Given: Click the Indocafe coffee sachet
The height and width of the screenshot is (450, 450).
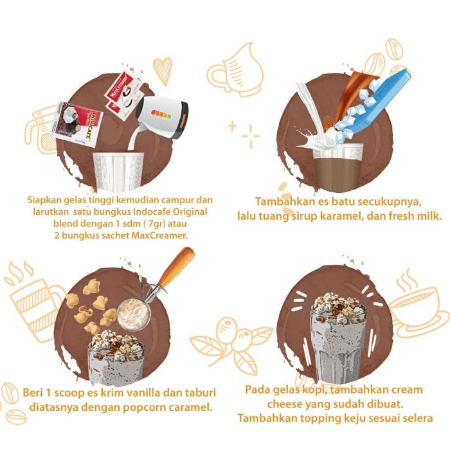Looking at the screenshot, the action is (x=77, y=123).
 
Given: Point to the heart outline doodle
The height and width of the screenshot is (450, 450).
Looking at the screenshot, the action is (x=163, y=71).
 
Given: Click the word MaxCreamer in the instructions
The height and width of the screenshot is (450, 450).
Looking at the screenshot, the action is (x=159, y=235).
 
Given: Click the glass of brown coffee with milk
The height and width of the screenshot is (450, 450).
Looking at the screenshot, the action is (x=338, y=168).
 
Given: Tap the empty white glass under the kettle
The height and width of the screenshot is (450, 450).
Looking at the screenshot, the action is (x=118, y=172).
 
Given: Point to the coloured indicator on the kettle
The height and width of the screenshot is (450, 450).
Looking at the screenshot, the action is (x=161, y=114).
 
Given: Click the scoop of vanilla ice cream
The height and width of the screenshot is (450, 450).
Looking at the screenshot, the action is (x=133, y=314).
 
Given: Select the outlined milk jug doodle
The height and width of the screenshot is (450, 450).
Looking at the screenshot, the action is (x=235, y=70).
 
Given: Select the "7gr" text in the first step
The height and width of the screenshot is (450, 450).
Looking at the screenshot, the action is (x=156, y=224).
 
